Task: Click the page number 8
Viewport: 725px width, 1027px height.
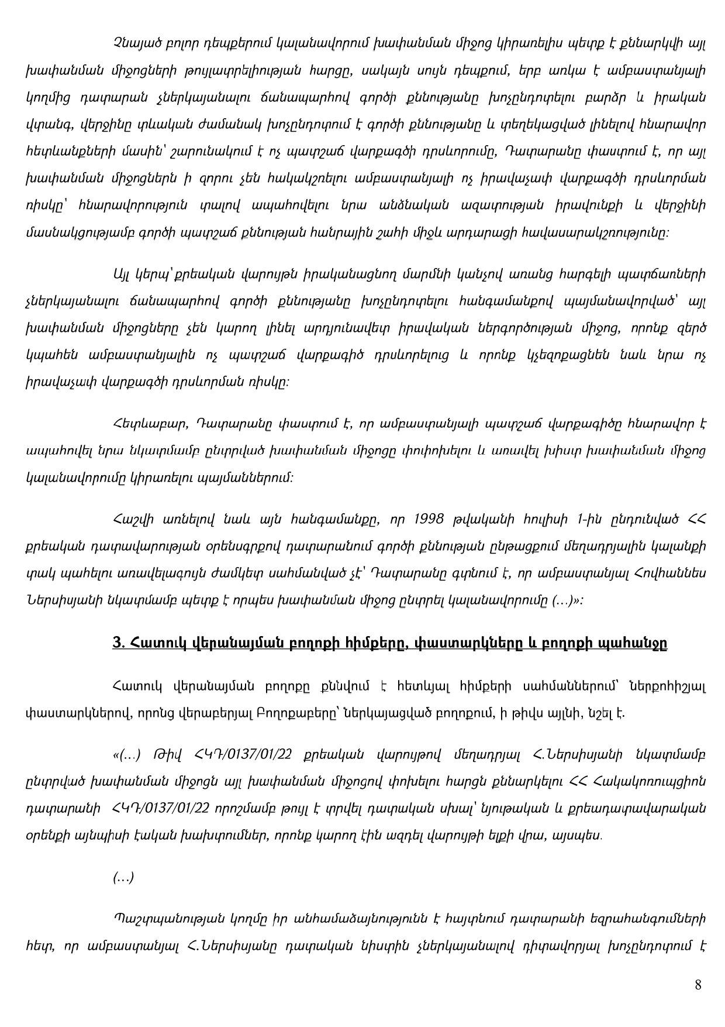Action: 698,985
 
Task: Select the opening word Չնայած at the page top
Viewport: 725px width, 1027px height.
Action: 132,25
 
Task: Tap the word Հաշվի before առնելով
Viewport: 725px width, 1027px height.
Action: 132,519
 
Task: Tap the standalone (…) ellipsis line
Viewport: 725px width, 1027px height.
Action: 123,877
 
